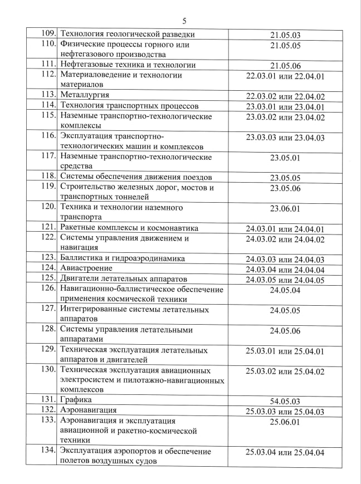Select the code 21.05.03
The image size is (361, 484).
tap(285, 35)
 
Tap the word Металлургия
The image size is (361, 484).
tap(84, 95)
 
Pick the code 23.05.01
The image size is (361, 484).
tap(285, 158)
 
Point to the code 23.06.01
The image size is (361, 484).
tap(285, 209)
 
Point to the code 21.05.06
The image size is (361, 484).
tap(285, 66)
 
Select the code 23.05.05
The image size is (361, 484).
tap(285, 178)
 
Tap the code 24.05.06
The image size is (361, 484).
tap(285, 331)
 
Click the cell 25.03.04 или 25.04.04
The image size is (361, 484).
tap(285, 452)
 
